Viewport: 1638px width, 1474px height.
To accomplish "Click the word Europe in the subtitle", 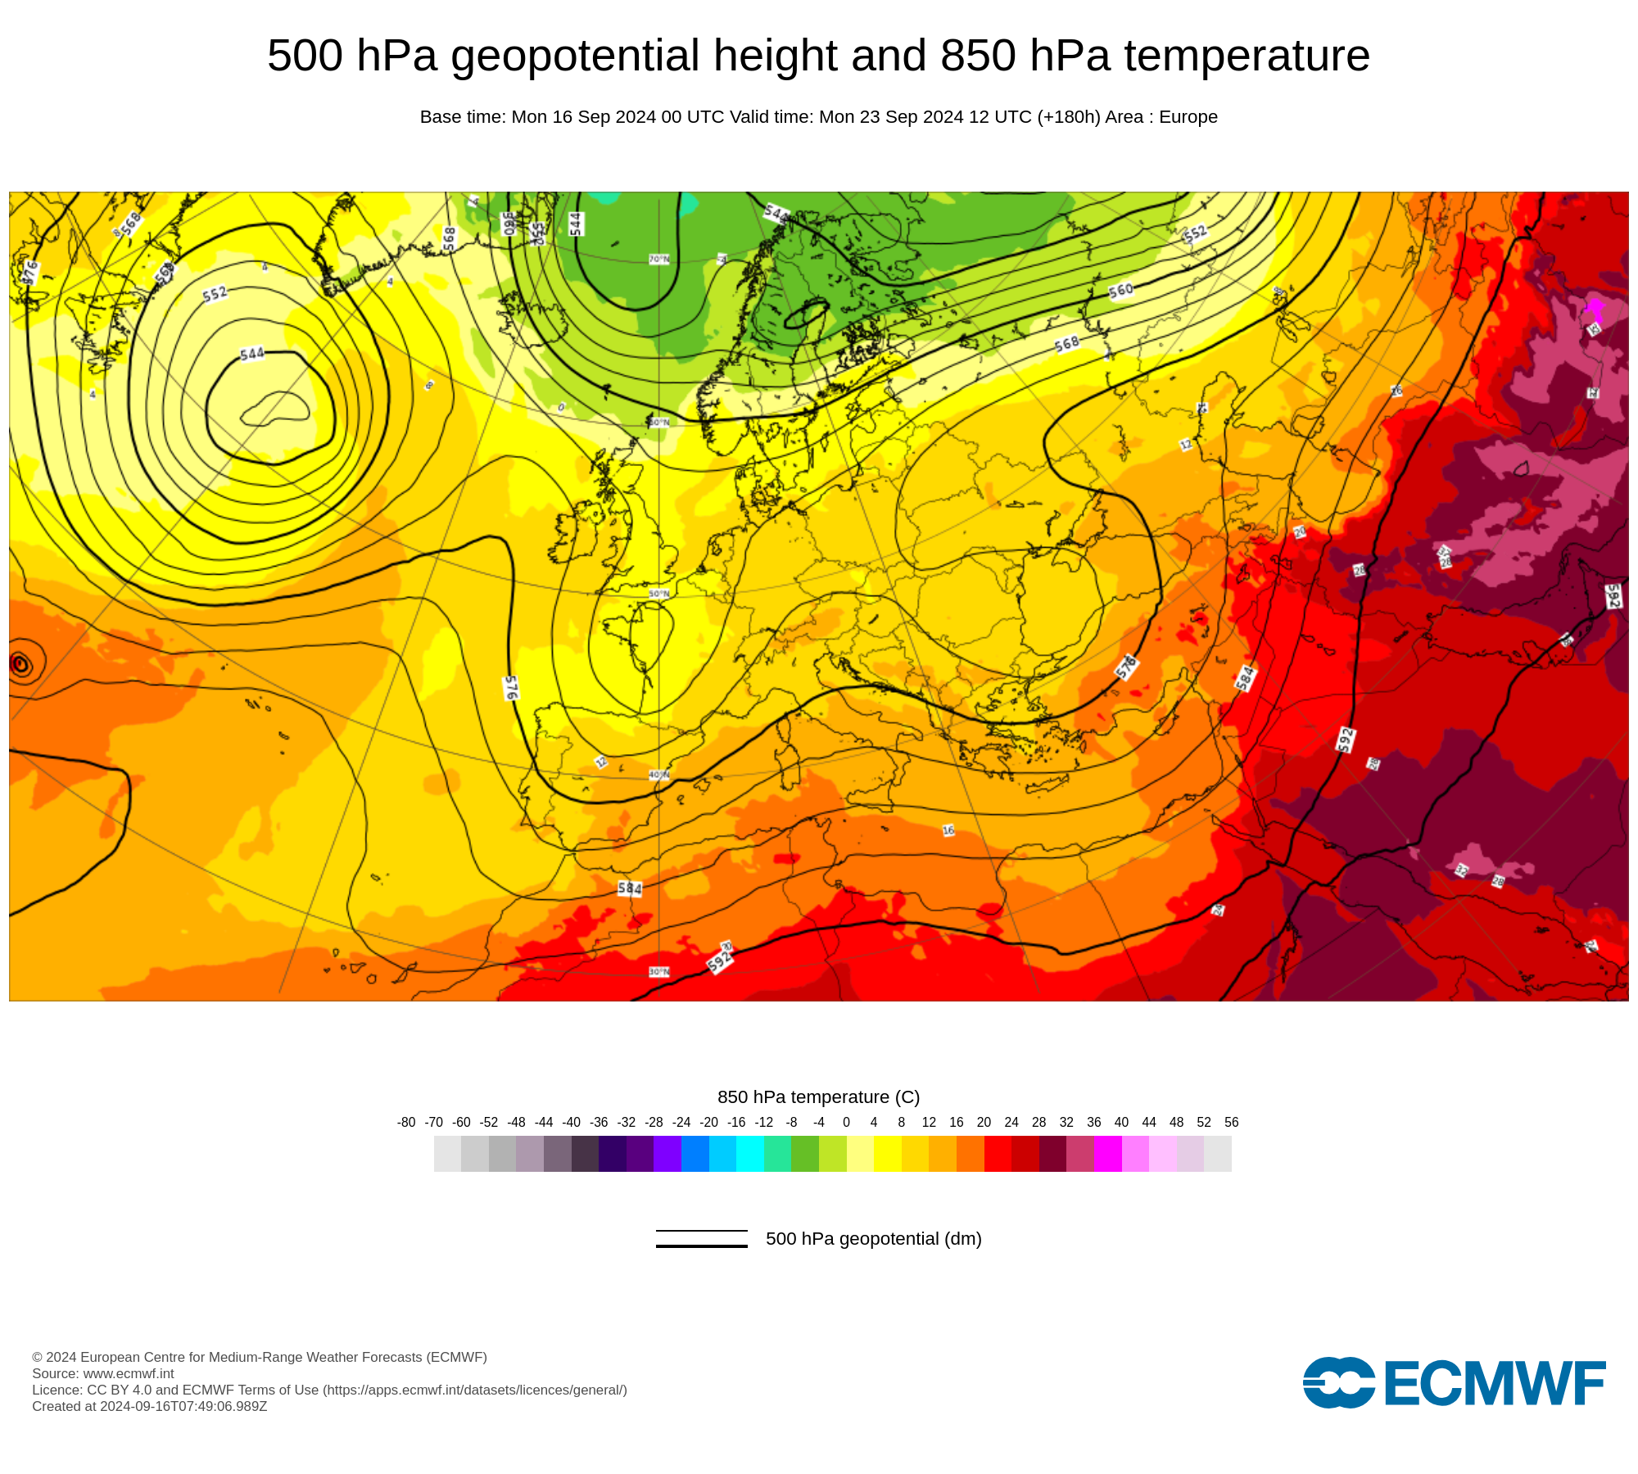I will [x=1188, y=117].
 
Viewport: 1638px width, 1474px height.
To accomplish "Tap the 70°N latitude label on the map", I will [x=658, y=260].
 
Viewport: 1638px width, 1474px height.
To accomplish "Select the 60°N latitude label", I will [x=658, y=423].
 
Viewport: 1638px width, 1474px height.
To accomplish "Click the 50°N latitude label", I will [x=658, y=594].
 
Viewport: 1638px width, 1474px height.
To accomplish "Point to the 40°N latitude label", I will [x=658, y=775].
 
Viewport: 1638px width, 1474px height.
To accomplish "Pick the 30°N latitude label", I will [x=658, y=972].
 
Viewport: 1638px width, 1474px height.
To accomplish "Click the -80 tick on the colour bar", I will [x=406, y=1123].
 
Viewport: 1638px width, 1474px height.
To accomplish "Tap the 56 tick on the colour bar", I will [x=1231, y=1123].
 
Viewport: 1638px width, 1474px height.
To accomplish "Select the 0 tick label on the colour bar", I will [x=846, y=1123].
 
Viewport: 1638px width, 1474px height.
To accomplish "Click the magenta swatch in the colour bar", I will [x=1107, y=1154].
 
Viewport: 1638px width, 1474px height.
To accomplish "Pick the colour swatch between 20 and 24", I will [x=998, y=1154].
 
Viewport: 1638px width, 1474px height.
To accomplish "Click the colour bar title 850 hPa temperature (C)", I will [x=818, y=1097].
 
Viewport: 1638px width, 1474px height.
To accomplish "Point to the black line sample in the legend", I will [x=701, y=1239].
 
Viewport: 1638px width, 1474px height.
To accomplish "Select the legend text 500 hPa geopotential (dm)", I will [x=873, y=1239].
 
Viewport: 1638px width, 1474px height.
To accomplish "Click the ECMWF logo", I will [x=1454, y=1383].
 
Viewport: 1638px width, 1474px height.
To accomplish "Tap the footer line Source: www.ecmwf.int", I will [x=103, y=1373].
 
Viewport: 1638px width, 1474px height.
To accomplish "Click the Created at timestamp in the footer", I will [x=150, y=1407].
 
